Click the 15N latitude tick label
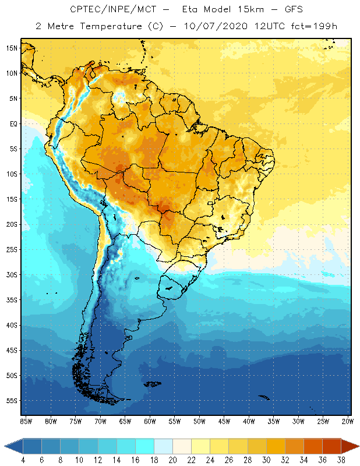point(11,48)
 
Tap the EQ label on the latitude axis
point(12,123)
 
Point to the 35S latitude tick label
point(11,300)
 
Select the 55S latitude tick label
point(11,401)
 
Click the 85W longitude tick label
point(26,421)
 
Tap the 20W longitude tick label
point(347,421)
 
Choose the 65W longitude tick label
point(125,421)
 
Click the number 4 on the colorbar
point(23,460)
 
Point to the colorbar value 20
point(173,460)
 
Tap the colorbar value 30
point(266,460)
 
